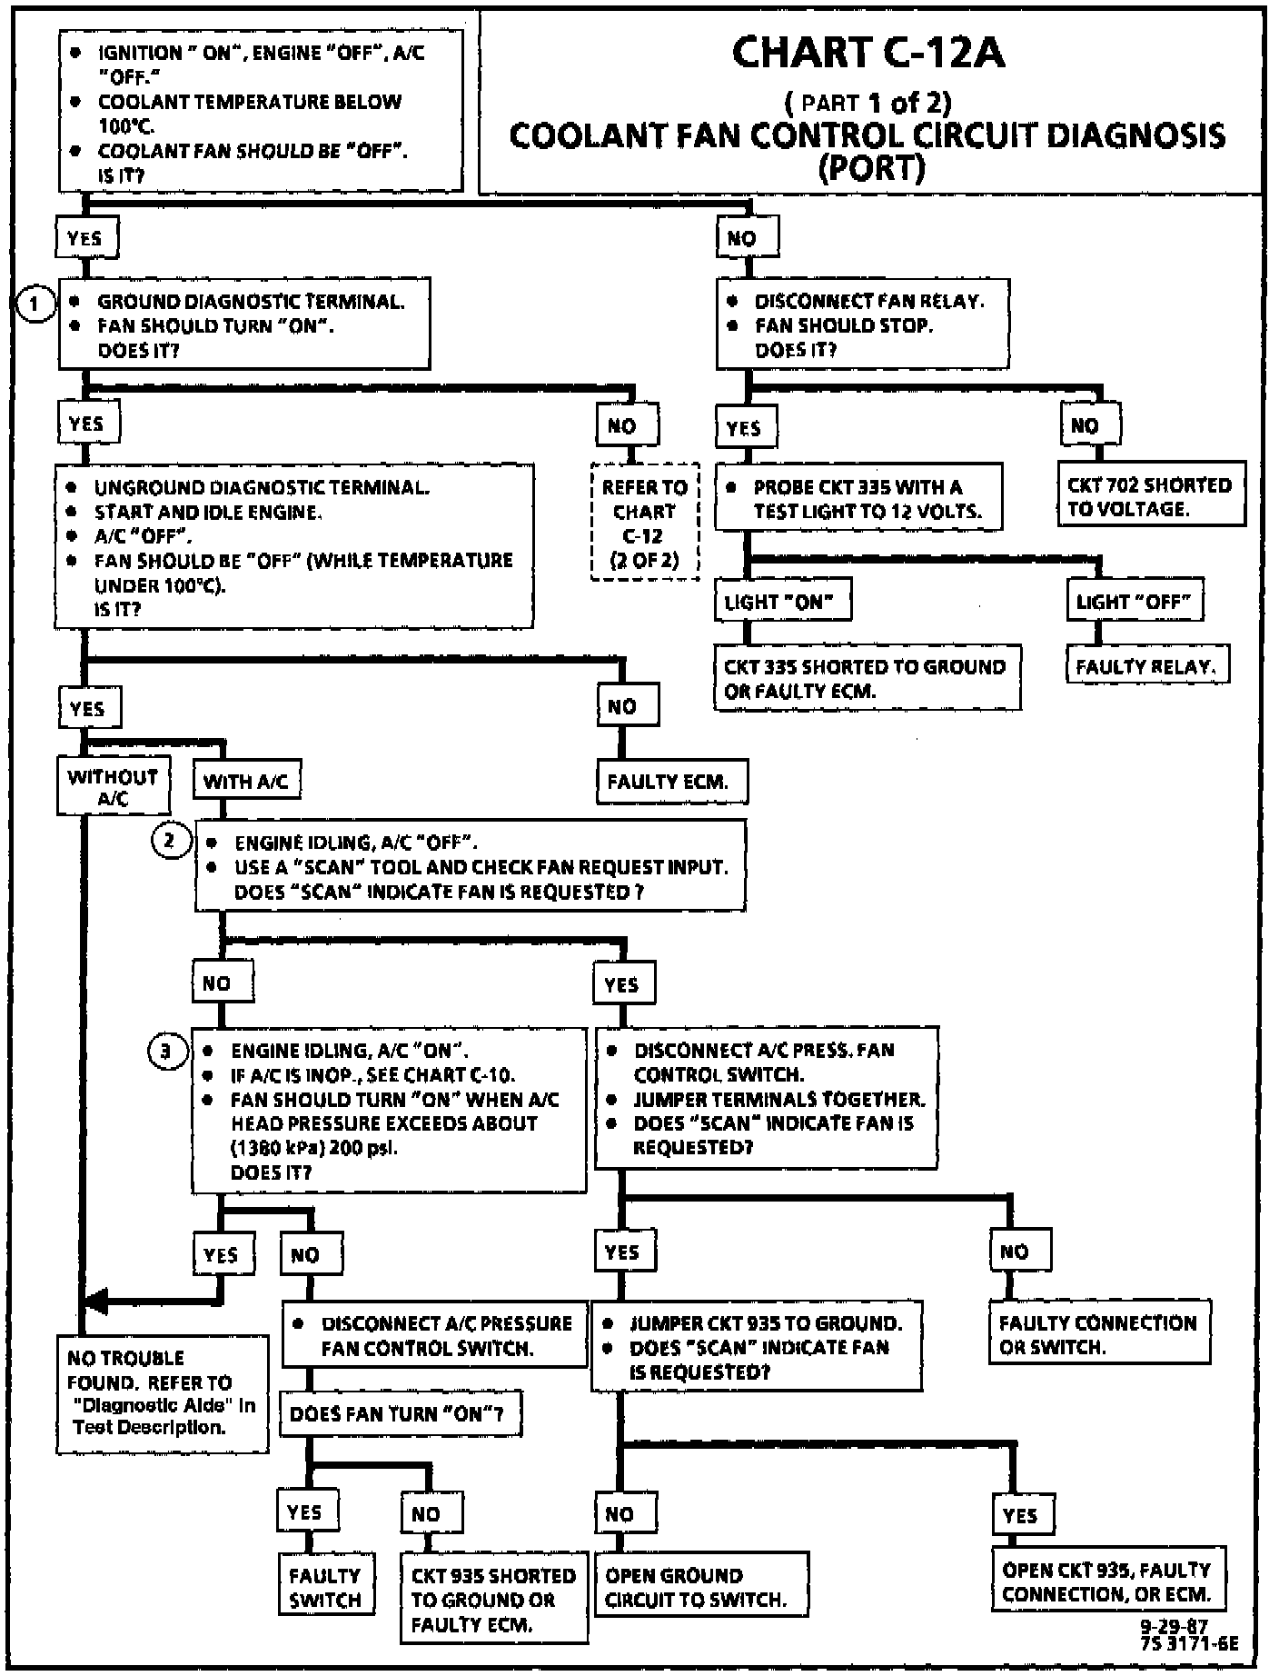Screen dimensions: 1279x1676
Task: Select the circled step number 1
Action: click(x=35, y=304)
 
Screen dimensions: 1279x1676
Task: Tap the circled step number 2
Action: click(x=169, y=841)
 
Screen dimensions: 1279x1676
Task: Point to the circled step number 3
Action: click(x=165, y=1052)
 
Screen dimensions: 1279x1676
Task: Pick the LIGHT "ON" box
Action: click(x=782, y=601)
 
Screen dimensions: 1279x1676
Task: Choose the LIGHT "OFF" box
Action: click(x=1135, y=601)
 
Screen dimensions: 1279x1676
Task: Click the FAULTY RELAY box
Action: click(x=1146, y=666)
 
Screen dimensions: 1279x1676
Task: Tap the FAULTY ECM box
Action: click(x=672, y=782)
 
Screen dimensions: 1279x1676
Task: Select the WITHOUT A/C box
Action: click(x=113, y=786)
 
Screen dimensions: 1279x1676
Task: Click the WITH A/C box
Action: click(x=245, y=781)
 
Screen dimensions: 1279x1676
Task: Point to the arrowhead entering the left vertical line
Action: click(x=94, y=1301)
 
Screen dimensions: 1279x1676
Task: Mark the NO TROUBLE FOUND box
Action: click(x=163, y=1393)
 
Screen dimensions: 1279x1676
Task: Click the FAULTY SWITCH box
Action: click(x=325, y=1587)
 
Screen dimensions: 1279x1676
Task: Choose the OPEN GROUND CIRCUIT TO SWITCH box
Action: click(x=701, y=1587)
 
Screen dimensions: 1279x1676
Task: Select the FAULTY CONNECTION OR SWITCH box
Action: click(x=1100, y=1333)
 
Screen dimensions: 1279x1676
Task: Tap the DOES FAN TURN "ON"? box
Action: click(x=400, y=1414)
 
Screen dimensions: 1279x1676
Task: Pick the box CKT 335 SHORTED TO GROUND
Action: click(x=868, y=678)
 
